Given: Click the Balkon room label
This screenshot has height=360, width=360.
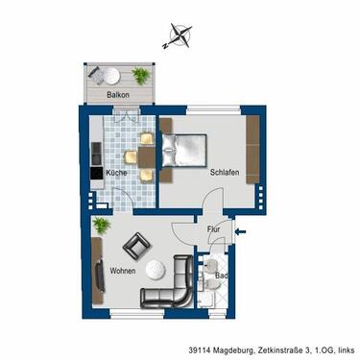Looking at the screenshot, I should tap(118, 95).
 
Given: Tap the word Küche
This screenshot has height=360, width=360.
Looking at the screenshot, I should tap(117, 173).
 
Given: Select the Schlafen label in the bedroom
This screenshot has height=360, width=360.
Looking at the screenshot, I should tap(224, 173).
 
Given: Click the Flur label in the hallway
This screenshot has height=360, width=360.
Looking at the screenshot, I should tap(215, 229).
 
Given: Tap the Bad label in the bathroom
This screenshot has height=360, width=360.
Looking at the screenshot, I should tap(221, 276).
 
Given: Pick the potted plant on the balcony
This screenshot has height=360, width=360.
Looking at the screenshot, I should tap(141, 75).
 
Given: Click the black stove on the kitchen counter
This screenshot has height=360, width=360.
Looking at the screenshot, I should tap(96, 174).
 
